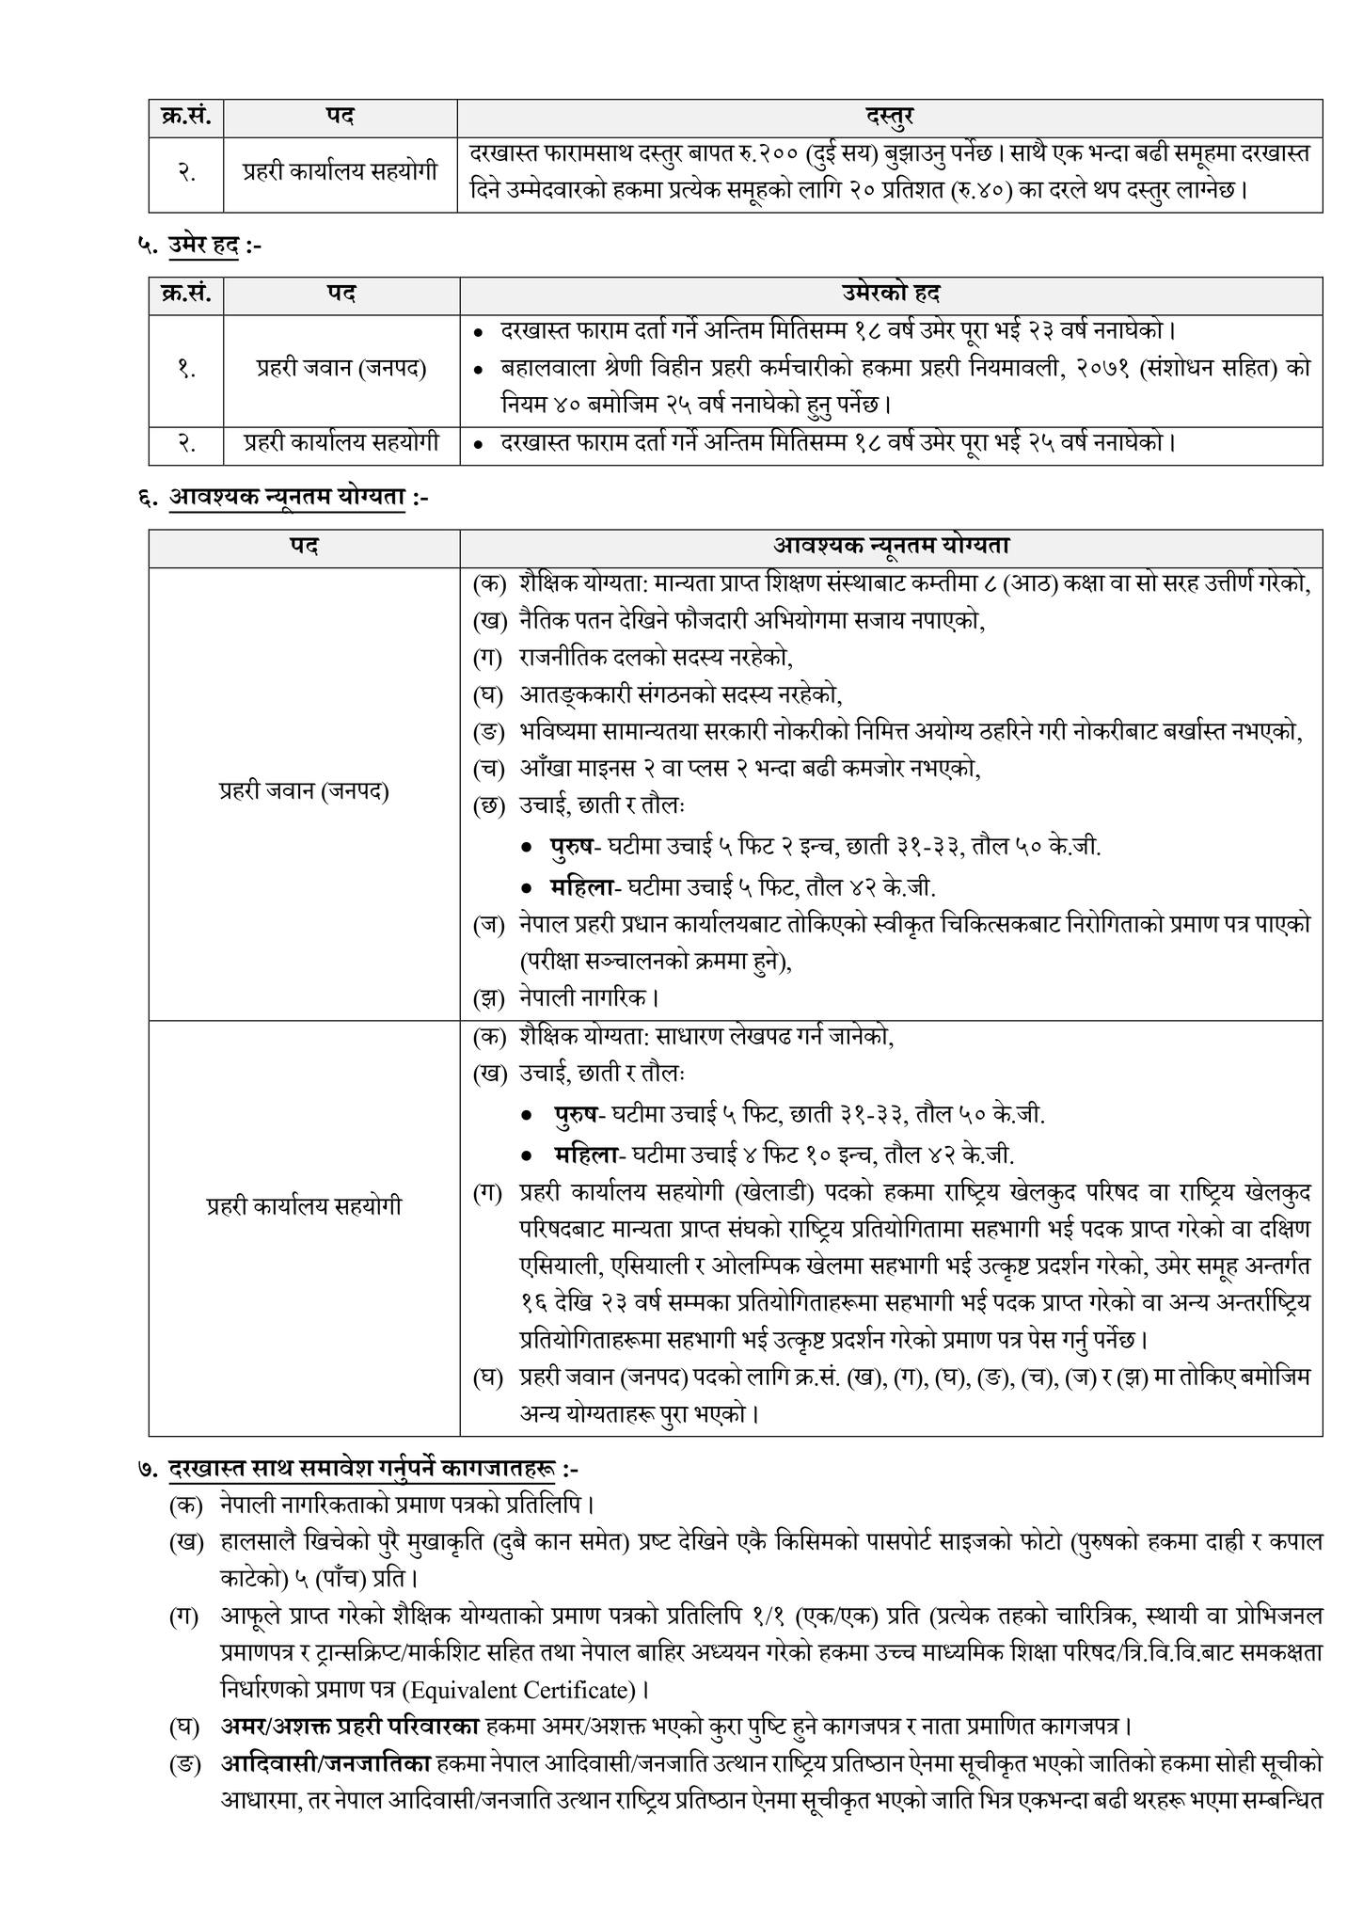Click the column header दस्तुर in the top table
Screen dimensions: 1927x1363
[x=889, y=117]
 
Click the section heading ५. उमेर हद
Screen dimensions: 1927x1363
[x=201, y=247]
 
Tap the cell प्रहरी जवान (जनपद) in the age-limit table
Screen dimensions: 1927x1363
[x=341, y=369]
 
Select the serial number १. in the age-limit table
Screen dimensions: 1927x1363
[x=186, y=369]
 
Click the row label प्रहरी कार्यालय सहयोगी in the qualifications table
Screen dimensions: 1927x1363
[x=304, y=1205]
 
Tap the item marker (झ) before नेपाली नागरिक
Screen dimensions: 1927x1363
[x=488, y=996]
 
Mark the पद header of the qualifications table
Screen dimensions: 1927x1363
[x=304, y=546]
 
